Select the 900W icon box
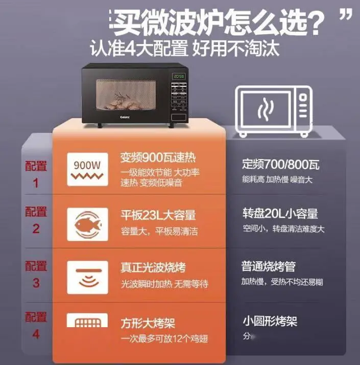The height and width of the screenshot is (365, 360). [87, 169]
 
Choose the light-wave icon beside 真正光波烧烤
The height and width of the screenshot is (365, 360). [87, 277]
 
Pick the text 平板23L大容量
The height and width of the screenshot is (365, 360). [158, 215]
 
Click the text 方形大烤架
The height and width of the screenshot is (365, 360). [148, 324]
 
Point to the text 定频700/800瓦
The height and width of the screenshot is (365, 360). [280, 165]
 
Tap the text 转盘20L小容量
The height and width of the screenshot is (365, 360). [280, 213]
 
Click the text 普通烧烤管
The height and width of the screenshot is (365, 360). [269, 266]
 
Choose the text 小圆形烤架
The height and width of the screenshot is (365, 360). [270, 321]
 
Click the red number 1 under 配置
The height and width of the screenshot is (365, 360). [36, 183]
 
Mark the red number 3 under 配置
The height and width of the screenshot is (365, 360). [36, 282]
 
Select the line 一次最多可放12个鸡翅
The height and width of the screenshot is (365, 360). [164, 339]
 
